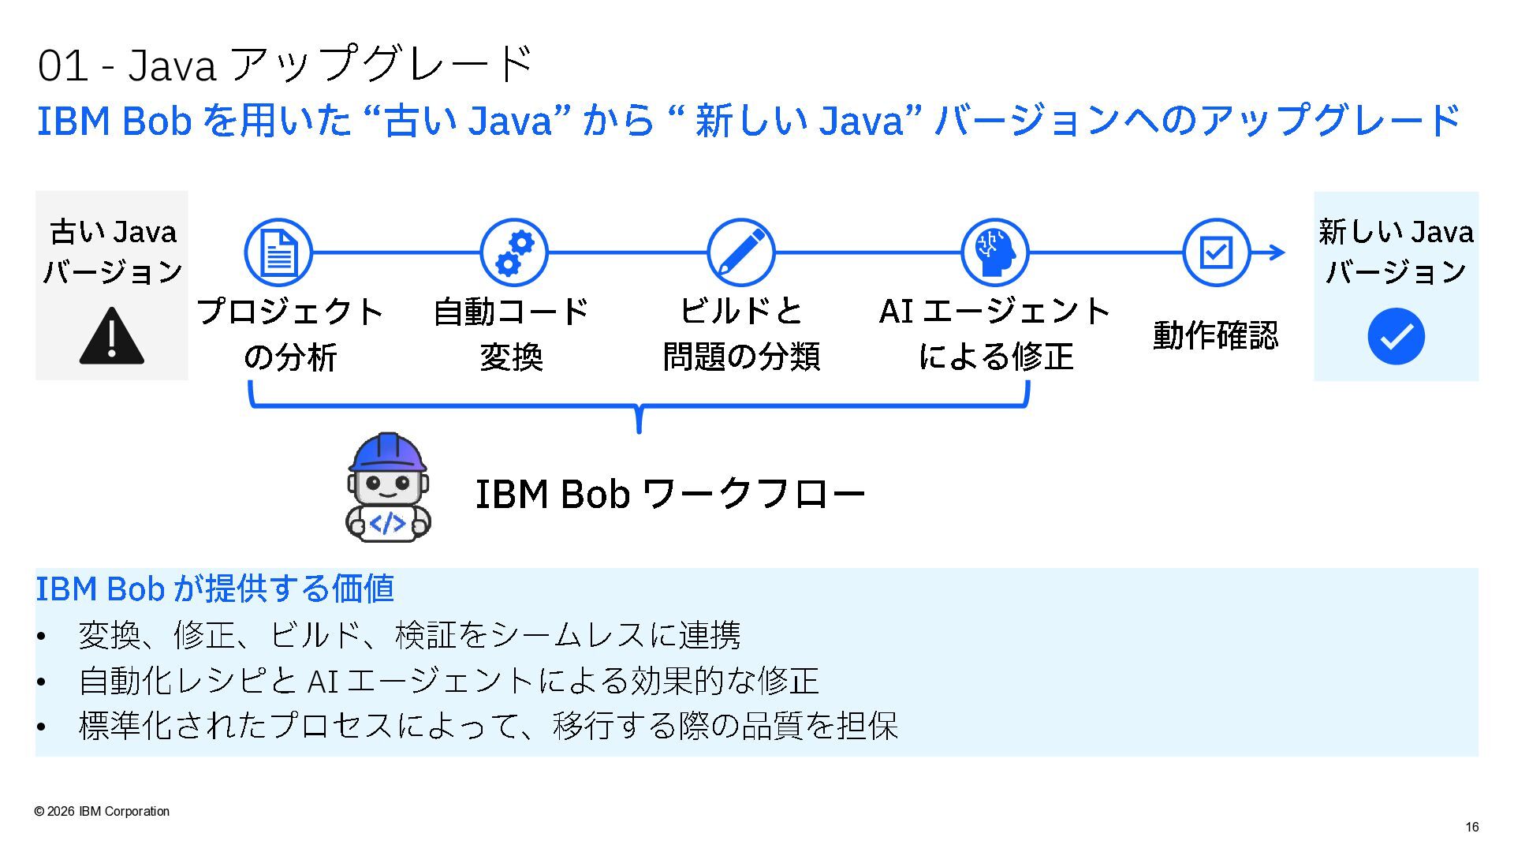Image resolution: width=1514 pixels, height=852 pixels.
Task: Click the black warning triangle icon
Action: click(x=112, y=336)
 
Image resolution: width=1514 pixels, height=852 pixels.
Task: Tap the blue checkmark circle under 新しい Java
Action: click(x=1396, y=336)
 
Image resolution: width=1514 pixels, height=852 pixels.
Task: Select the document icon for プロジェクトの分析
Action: click(x=278, y=252)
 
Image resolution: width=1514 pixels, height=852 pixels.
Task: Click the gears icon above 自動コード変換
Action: click(x=514, y=252)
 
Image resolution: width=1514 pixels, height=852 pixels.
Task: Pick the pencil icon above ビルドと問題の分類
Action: click(x=741, y=252)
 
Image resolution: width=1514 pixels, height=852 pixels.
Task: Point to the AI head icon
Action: click(x=995, y=252)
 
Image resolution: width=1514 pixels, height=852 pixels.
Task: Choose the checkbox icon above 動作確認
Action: click(x=1217, y=252)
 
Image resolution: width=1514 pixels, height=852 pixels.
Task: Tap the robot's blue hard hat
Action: click(x=388, y=453)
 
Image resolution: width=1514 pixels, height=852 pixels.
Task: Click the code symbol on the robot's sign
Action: click(x=388, y=523)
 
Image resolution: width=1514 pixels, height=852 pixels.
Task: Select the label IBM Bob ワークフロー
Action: click(x=670, y=495)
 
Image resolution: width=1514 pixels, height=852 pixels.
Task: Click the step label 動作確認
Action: click(x=1215, y=335)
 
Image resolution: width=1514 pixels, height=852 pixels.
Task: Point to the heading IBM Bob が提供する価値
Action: click(x=214, y=589)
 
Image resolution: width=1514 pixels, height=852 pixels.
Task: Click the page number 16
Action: click(x=1472, y=827)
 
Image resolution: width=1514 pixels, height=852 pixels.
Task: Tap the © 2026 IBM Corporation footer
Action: click(x=102, y=811)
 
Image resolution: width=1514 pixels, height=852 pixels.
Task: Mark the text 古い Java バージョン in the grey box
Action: click(x=113, y=252)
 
